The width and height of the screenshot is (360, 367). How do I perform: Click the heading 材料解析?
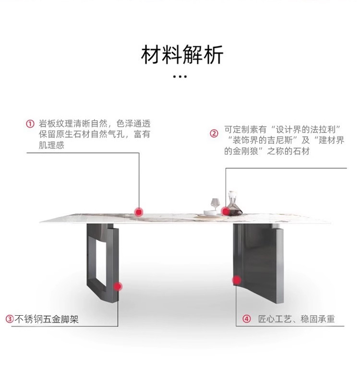coord(182,55)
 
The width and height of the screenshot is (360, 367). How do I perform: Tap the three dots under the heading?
coord(180,76)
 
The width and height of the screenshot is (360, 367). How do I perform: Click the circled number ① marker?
coord(30,124)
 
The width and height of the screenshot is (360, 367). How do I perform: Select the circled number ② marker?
coord(214,134)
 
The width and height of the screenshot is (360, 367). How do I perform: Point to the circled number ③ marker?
coord(9,319)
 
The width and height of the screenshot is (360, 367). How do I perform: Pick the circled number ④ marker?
coord(247,319)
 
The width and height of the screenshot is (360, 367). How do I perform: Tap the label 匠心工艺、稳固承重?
coord(296,319)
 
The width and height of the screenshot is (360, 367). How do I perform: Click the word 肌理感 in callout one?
coord(51,145)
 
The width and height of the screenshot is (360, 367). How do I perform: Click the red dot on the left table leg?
coord(118,286)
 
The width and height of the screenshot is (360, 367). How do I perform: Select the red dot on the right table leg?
coord(236,280)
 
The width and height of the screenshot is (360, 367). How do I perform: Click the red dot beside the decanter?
coord(225,211)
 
